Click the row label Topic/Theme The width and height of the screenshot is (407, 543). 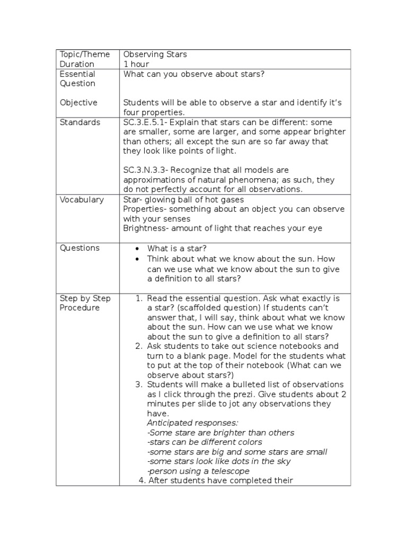pos(85,54)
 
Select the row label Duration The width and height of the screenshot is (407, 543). pos(77,64)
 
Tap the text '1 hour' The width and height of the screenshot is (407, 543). pos(136,64)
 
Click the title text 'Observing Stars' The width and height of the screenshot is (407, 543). pos(155,54)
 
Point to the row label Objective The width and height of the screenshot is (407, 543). pos(78,103)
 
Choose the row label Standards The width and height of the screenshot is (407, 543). pos(80,122)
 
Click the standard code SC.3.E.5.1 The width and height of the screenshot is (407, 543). pos(145,122)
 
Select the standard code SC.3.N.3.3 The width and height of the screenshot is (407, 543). pos(146,170)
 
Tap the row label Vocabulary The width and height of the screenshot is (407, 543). pos(82,199)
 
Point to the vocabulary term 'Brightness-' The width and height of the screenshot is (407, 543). pos(145,228)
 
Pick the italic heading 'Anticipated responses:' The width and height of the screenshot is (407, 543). pos(192,423)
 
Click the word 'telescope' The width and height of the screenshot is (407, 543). pos(231,471)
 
